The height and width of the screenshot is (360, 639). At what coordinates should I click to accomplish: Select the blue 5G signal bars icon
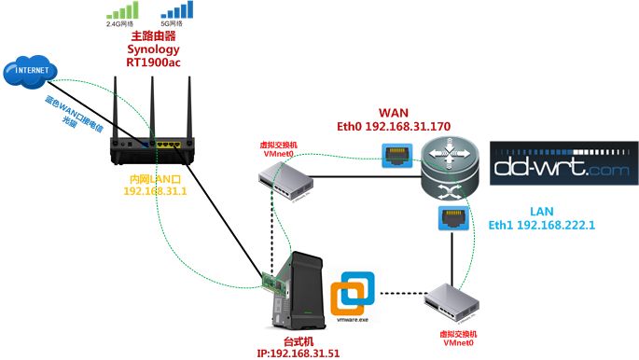[174, 12]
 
